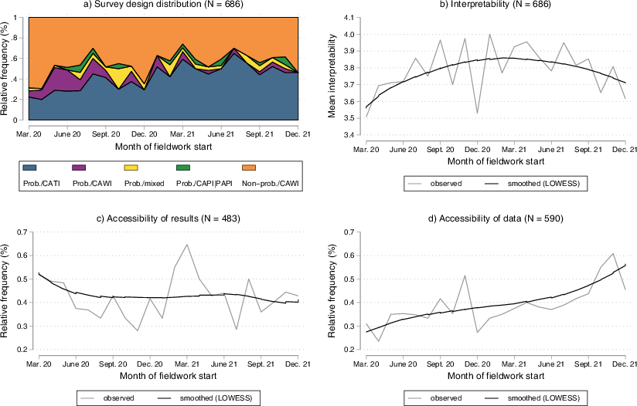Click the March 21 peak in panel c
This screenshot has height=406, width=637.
point(186,245)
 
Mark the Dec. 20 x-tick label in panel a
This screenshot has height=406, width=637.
point(144,133)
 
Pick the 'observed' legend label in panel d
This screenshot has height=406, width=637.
point(444,398)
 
